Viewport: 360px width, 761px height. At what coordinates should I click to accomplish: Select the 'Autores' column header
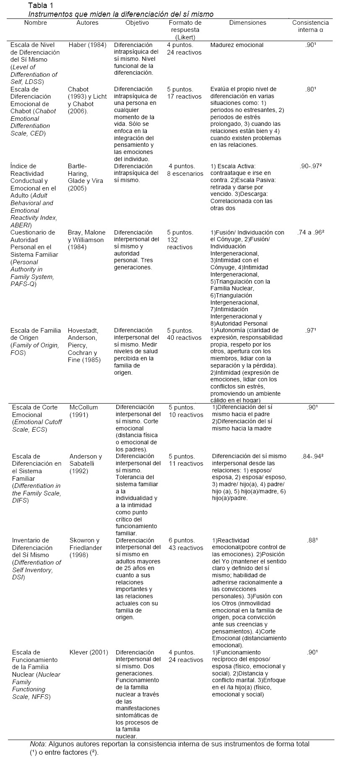pos(87,23)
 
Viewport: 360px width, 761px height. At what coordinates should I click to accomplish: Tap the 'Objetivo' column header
pos(137,23)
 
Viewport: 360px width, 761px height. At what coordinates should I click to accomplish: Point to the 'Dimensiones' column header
pos(248,23)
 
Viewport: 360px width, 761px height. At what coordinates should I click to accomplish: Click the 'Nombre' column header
pos(36,23)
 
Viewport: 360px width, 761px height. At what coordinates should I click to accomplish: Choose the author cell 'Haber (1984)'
pos(87,45)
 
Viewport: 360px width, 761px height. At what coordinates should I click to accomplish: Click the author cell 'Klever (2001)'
pos(89,652)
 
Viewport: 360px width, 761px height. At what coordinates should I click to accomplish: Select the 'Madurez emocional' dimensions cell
pos(237,45)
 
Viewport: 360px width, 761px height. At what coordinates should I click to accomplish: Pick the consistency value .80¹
pos(311,89)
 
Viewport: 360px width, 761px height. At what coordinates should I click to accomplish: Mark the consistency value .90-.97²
pos(311,166)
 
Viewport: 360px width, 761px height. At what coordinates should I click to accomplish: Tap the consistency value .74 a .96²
pos(311,232)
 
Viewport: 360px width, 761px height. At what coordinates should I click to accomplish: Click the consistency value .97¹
pos(311,330)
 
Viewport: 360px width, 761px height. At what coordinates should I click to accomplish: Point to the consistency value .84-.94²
pos(312,456)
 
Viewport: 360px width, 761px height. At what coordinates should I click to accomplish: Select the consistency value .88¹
pos(312,540)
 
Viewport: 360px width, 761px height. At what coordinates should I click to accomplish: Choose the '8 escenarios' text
pos(185,174)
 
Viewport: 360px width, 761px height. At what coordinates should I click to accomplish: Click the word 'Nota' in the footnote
pos(37,744)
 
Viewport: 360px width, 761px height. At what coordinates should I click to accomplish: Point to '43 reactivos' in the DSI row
pos(186,548)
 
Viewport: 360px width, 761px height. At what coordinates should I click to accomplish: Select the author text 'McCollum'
pos(83,407)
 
